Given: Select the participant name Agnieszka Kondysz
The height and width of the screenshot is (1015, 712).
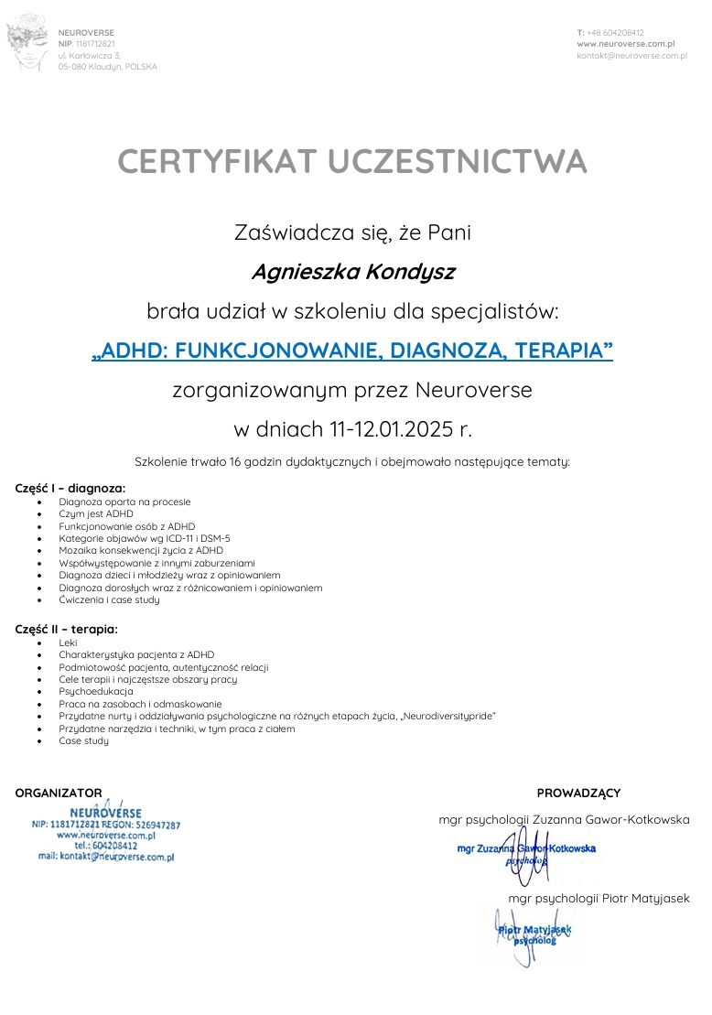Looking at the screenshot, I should tap(352, 272).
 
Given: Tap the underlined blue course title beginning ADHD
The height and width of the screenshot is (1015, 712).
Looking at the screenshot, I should tap(352, 351).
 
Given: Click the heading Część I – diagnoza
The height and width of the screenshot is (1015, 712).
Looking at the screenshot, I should tap(70, 488).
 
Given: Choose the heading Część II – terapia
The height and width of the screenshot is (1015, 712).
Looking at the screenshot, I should tap(67, 629).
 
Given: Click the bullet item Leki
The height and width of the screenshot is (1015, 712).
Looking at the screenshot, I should tap(68, 642).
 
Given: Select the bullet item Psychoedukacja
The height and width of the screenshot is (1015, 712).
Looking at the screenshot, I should tap(96, 691).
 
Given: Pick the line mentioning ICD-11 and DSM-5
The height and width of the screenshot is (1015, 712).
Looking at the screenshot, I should tap(145, 538).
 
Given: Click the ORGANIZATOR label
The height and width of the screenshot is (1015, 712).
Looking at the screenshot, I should tap(59, 793).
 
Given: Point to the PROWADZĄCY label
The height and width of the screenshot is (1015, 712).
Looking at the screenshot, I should tap(578, 793).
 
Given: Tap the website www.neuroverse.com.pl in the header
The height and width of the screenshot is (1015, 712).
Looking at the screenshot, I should tap(625, 44).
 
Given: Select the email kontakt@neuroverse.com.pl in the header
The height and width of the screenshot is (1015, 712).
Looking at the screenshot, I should tap(631, 56).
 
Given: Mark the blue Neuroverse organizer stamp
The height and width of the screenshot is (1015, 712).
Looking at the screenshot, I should tap(106, 833).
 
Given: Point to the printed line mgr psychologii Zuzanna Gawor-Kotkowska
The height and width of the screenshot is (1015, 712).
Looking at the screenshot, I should tap(564, 819).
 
